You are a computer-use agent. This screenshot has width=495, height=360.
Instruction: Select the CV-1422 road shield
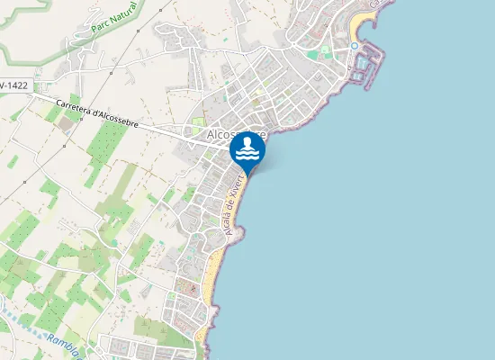(x=13, y=85)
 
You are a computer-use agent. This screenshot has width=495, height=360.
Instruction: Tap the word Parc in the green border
(x=99, y=29)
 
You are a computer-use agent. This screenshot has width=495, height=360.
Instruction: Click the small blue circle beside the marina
(x=355, y=46)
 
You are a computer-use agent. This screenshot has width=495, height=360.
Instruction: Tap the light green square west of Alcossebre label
(x=197, y=122)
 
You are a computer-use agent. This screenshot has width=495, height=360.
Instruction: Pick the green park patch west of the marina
(x=312, y=54)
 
